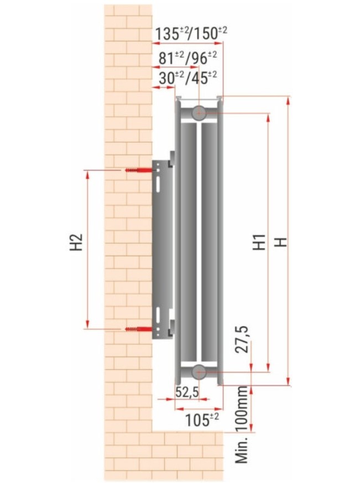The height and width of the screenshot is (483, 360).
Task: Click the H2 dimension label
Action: [x=76, y=242]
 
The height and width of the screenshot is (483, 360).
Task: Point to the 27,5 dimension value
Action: [x=242, y=339]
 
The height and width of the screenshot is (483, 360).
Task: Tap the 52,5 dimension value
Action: [x=187, y=392]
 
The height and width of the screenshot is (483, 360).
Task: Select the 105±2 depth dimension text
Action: [x=202, y=419]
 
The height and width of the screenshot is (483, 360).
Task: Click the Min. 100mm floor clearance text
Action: [x=242, y=425]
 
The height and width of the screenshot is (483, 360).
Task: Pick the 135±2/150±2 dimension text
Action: [x=191, y=34]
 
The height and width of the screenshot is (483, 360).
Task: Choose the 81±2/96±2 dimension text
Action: [x=187, y=58]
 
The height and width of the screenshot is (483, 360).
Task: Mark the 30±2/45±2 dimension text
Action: [x=187, y=78]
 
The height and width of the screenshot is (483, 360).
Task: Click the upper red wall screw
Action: [x=139, y=170]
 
